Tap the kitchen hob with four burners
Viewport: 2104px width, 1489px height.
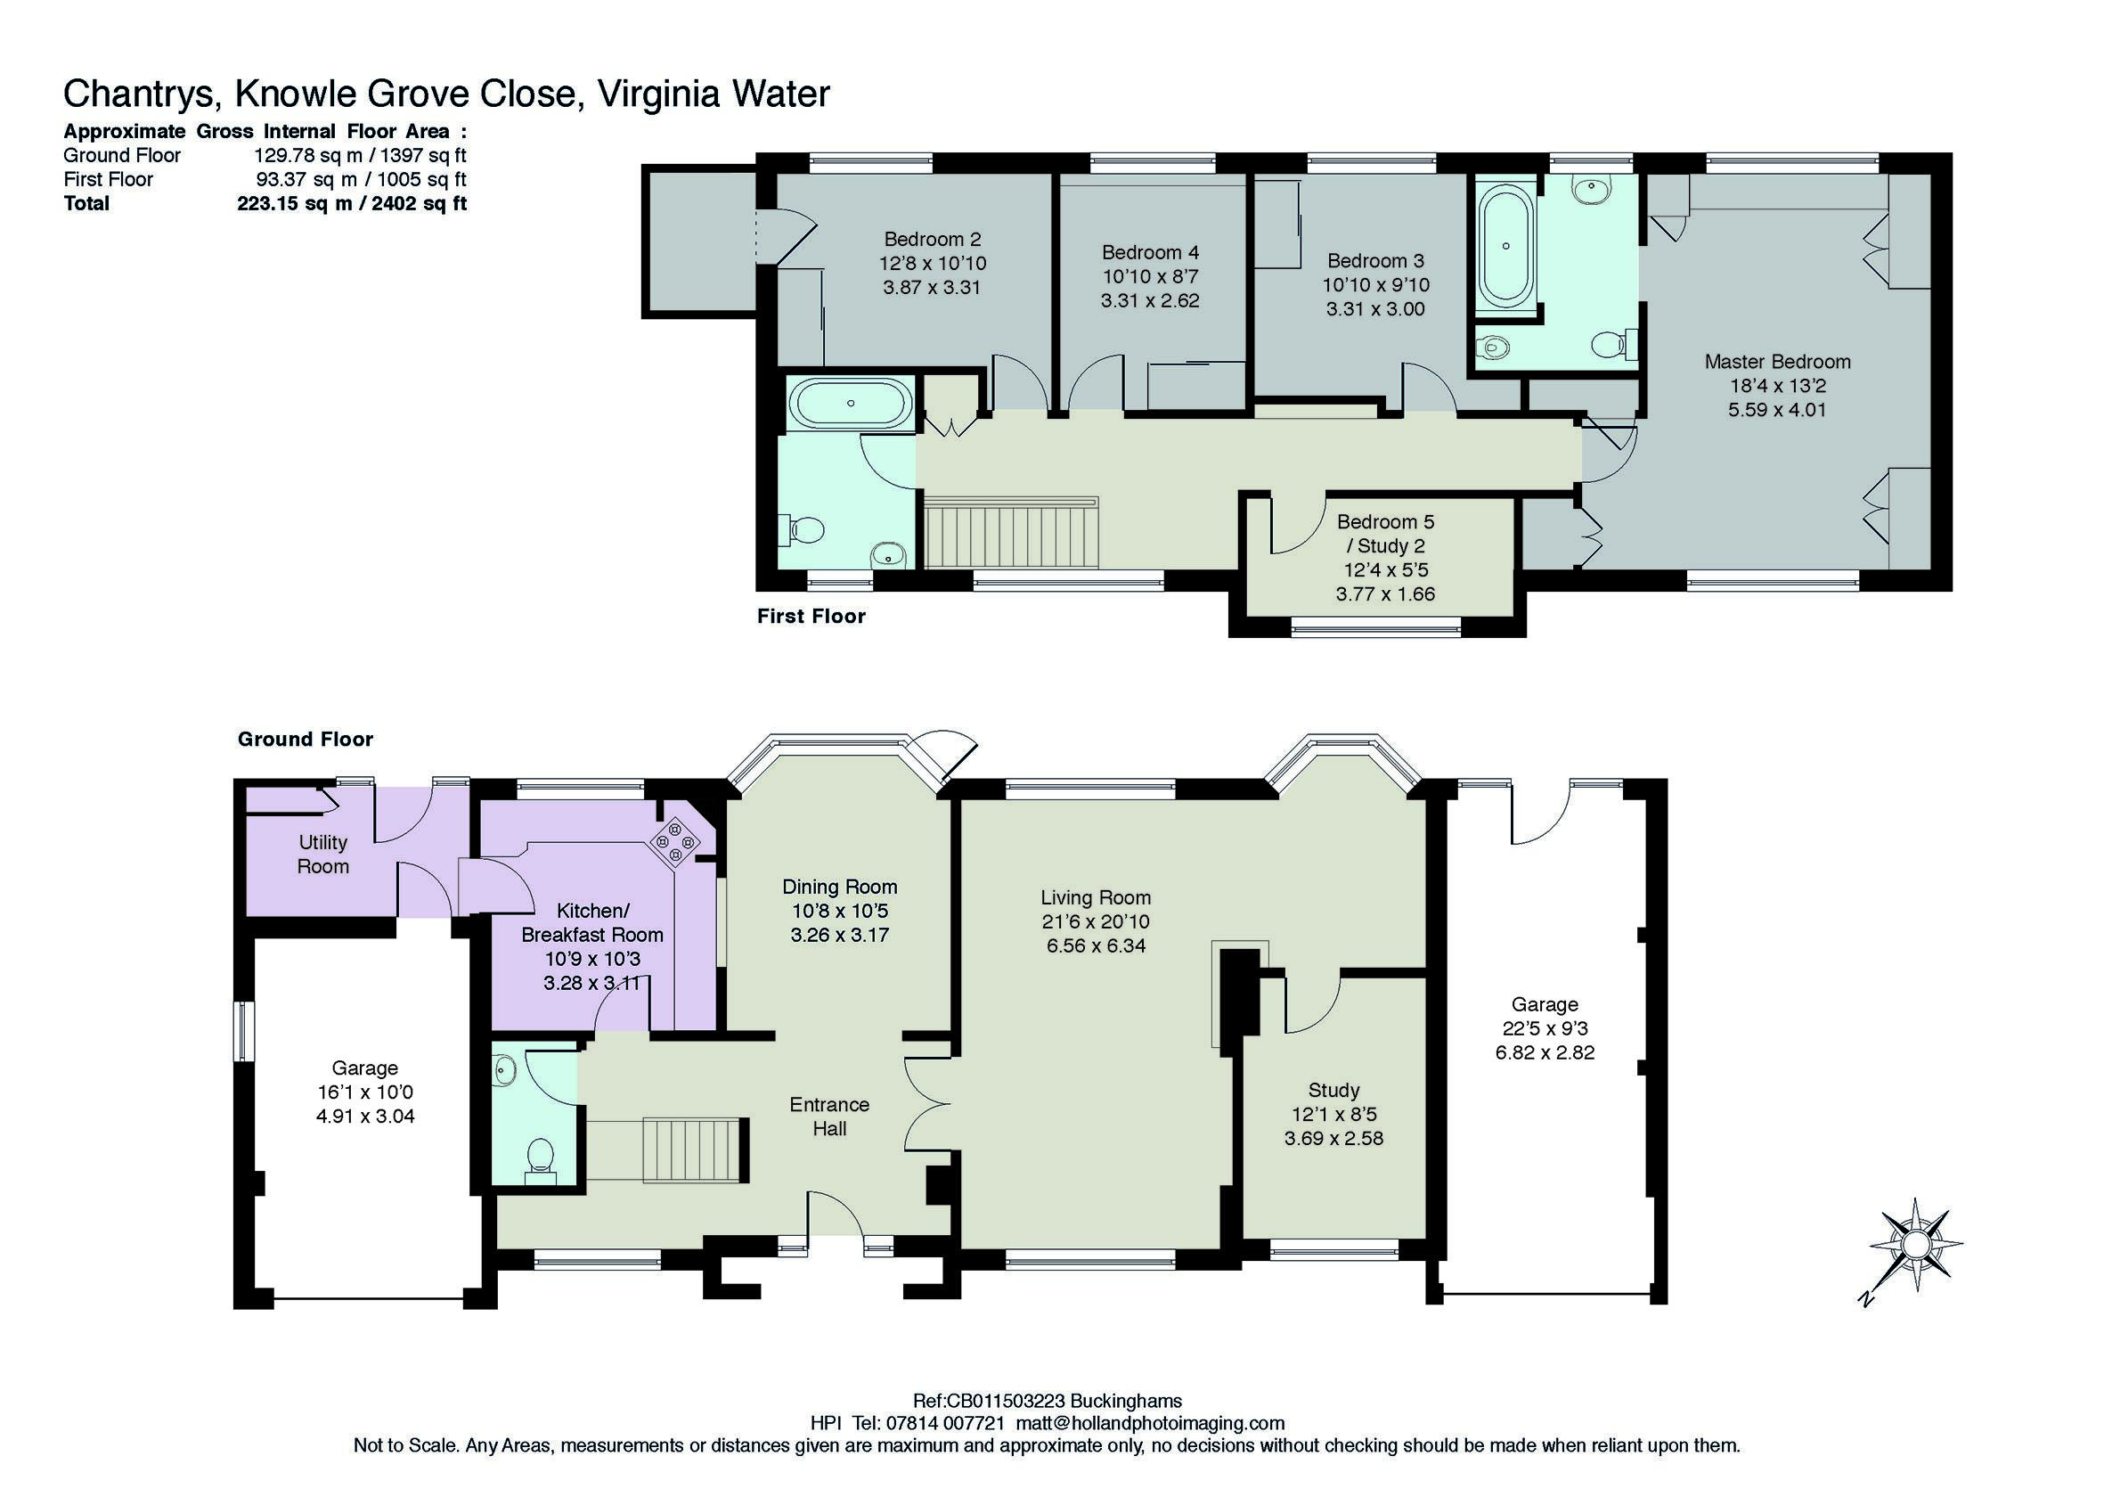tap(675, 841)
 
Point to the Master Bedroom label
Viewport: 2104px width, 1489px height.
tap(1777, 361)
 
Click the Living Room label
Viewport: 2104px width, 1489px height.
tap(1095, 897)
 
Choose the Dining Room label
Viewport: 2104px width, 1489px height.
tap(839, 887)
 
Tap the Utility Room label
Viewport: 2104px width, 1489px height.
tap(322, 854)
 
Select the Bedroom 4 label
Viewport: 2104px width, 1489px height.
tap(1150, 252)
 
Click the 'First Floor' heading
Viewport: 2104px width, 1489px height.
tap(811, 616)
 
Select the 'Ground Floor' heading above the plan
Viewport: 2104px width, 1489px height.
tap(306, 739)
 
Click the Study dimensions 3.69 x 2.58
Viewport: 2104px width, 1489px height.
tap(1333, 1139)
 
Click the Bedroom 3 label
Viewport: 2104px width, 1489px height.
tap(1375, 260)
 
